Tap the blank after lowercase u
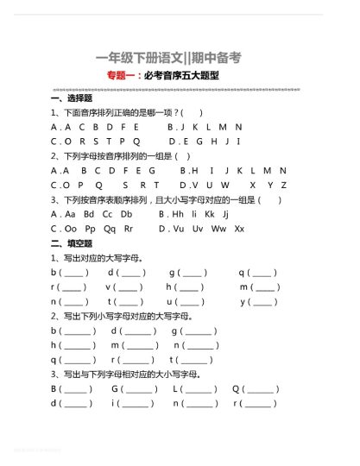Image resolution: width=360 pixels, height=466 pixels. pos(193,302)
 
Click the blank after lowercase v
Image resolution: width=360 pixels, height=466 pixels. pos(129,287)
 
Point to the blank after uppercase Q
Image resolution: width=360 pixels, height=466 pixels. pos(263,389)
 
